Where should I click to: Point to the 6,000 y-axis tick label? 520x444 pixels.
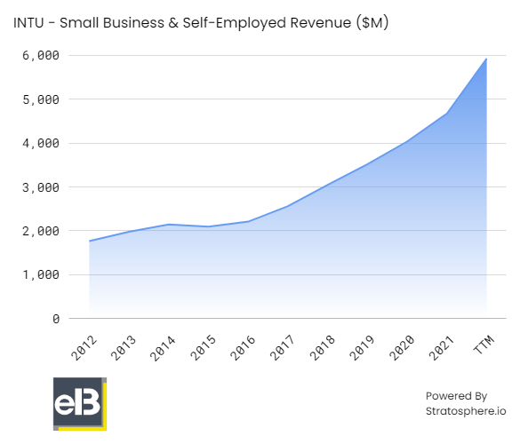[x=40, y=55]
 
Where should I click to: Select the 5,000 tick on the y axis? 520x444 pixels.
[x=40, y=99]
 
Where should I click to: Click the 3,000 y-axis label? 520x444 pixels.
[x=40, y=187]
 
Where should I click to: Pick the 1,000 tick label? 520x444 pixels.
[x=40, y=274]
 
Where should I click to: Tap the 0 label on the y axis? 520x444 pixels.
[x=55, y=318]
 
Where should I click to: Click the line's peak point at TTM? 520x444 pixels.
[x=487, y=59]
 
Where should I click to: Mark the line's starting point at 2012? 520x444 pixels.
[x=90, y=241]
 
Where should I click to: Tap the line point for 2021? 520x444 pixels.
[x=447, y=113]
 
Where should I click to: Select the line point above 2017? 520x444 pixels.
[x=288, y=206]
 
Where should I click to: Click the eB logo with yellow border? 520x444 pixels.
[x=79, y=404]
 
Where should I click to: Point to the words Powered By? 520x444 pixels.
[x=457, y=396]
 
